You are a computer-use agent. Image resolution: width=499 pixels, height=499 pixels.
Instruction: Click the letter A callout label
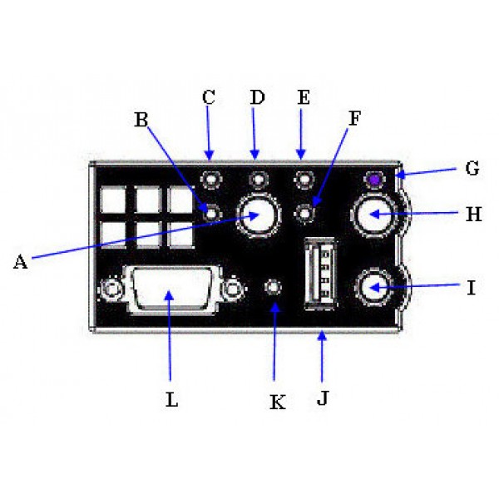[x=20, y=262]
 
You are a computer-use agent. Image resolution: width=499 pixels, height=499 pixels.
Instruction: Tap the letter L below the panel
[x=172, y=399]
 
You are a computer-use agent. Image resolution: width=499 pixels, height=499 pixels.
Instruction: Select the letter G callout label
[x=472, y=168]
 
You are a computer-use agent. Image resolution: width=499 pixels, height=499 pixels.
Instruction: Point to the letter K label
[x=278, y=402]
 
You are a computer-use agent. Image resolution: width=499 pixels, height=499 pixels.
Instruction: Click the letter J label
[x=323, y=398]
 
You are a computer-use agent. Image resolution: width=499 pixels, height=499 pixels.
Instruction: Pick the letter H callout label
[x=473, y=215]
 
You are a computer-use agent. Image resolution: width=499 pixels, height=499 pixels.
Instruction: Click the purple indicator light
[x=375, y=180]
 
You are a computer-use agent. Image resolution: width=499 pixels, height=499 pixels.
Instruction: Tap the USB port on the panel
[x=321, y=274]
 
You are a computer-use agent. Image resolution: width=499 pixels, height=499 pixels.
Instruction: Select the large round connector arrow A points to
[x=259, y=215]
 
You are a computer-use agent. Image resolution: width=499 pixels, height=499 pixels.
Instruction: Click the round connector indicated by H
[x=373, y=215]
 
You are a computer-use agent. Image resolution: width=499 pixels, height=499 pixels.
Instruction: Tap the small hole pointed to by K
[x=273, y=288]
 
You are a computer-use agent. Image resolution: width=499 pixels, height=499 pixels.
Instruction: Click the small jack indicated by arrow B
[x=211, y=214]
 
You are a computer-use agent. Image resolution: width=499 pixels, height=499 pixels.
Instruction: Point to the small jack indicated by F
[x=304, y=214]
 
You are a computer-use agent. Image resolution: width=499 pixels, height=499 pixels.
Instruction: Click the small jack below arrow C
[x=211, y=180]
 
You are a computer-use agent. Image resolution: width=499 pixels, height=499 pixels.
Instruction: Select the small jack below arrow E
[x=304, y=180]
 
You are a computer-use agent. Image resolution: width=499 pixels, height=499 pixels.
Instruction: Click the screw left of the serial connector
[x=111, y=289]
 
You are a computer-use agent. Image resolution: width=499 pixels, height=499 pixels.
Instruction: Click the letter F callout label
[x=354, y=118]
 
